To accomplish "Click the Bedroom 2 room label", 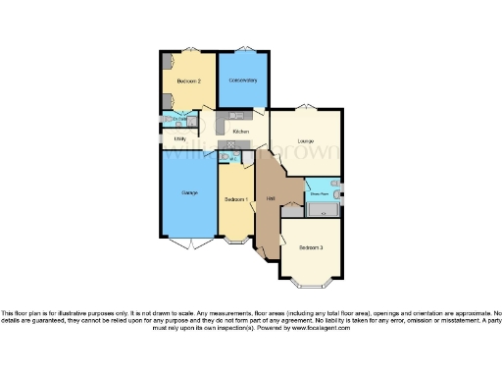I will point(189,81).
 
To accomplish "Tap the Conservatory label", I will point(243,80).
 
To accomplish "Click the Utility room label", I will point(179,138).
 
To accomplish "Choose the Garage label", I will point(190,192).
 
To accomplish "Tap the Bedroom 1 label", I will point(234,199).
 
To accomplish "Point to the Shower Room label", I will point(320,194).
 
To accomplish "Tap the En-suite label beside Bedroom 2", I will point(179,120).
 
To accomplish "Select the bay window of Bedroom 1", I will point(236,241).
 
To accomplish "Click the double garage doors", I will point(188,242).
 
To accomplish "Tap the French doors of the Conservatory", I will point(243,49).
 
